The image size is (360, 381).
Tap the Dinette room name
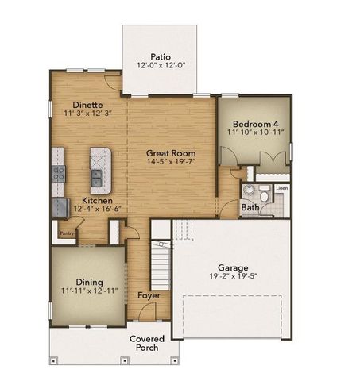coord(89,104)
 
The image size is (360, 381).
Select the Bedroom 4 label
coord(255,124)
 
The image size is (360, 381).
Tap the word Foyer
coord(149,295)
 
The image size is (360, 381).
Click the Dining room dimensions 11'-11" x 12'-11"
coord(88,291)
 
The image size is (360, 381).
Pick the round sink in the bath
coord(248,191)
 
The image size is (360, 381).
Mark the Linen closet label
coord(281,188)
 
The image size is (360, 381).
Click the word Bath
coord(250,208)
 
